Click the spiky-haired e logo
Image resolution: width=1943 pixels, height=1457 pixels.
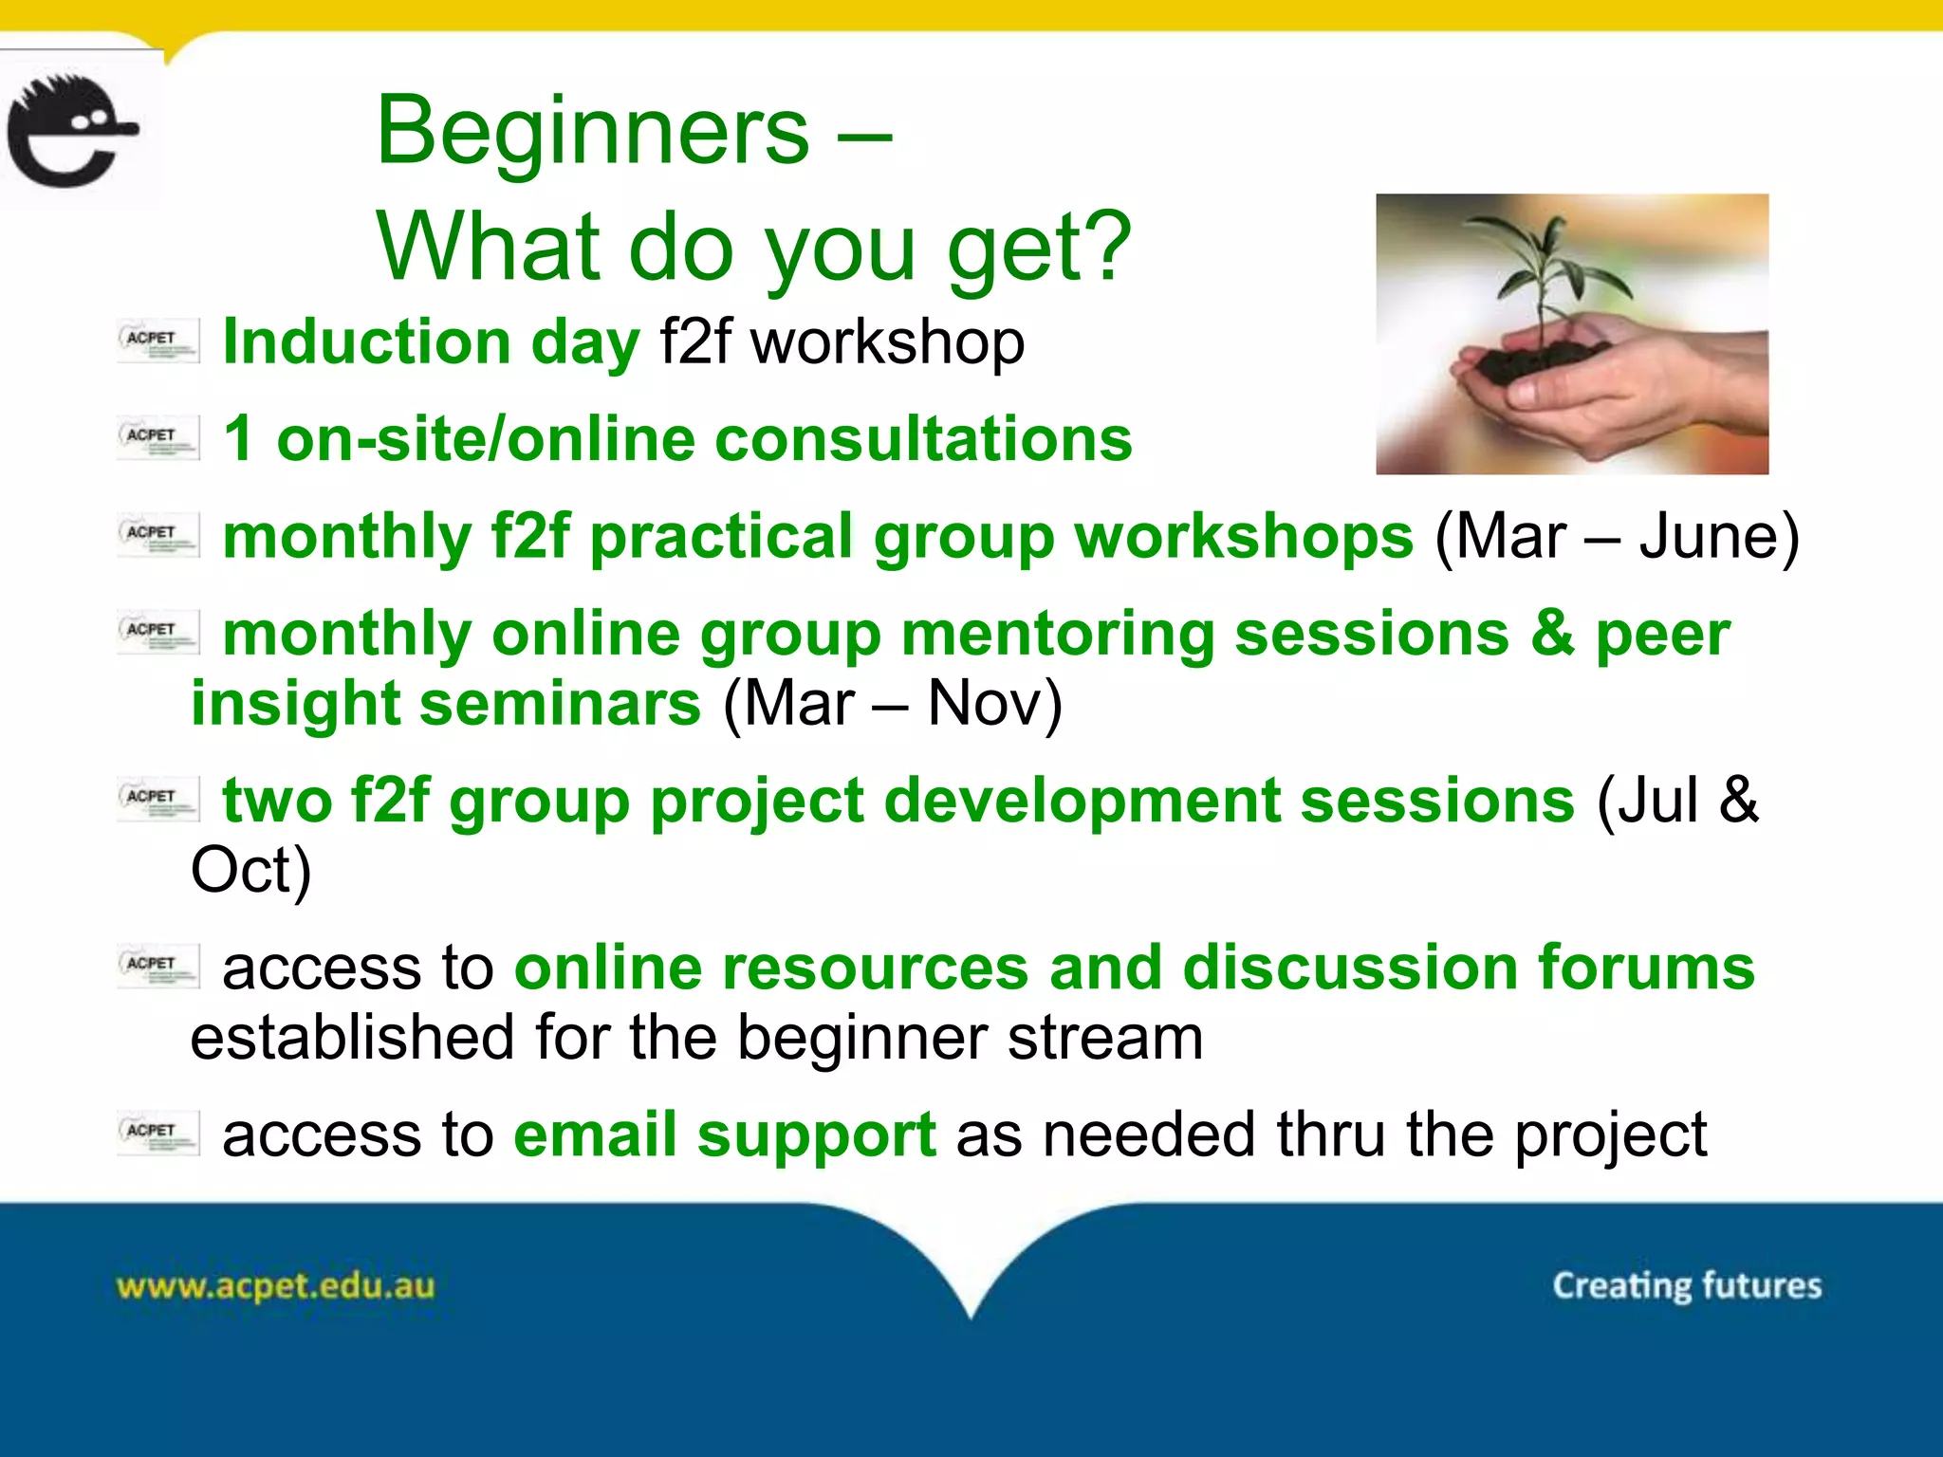click(x=71, y=131)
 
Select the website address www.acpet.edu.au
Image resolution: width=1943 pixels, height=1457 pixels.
click(x=275, y=1286)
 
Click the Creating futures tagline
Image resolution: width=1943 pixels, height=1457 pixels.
click(x=1687, y=1286)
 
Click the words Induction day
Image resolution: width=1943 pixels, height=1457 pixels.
click(x=432, y=342)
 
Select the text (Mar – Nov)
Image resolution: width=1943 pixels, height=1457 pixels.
click(x=892, y=704)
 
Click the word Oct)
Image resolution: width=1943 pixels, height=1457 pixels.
click(x=250, y=870)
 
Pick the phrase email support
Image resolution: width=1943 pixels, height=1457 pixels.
click(x=725, y=1134)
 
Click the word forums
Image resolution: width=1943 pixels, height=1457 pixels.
click(x=1646, y=968)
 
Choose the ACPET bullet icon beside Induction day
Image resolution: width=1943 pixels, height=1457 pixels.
click(x=158, y=341)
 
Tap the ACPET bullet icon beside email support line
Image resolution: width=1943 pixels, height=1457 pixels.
click(x=158, y=1133)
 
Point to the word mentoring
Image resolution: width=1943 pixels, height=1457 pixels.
click(x=1058, y=634)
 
